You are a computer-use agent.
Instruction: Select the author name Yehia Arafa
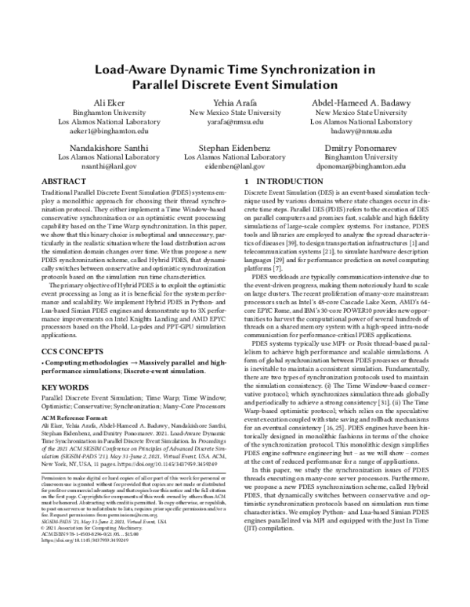[x=234, y=103]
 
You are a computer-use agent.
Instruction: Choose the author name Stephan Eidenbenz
[x=234, y=146]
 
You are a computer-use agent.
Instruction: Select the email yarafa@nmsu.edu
[x=234, y=122]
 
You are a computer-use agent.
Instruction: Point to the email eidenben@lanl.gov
[x=234, y=166]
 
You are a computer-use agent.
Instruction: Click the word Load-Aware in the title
[x=129, y=69]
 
